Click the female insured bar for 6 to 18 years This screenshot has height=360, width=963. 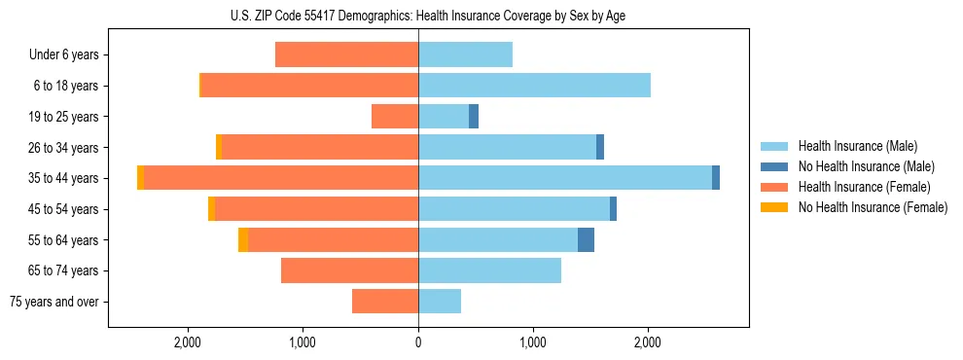coord(309,86)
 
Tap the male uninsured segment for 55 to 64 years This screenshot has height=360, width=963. coord(586,239)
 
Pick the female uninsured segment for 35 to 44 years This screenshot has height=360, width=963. coord(141,177)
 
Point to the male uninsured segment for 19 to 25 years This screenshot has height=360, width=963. coord(474,117)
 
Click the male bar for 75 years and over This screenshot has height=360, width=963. coord(440,302)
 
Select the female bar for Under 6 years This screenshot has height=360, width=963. coord(346,54)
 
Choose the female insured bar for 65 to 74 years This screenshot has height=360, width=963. coord(349,270)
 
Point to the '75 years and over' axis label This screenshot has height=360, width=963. coord(53,302)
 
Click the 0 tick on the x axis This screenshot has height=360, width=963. coord(418,342)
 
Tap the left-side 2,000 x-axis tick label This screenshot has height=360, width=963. coord(187,342)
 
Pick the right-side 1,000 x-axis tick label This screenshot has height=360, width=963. coord(533,342)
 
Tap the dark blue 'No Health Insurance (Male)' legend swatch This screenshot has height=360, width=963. coord(774,166)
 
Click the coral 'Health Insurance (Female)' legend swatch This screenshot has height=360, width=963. coord(774,187)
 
